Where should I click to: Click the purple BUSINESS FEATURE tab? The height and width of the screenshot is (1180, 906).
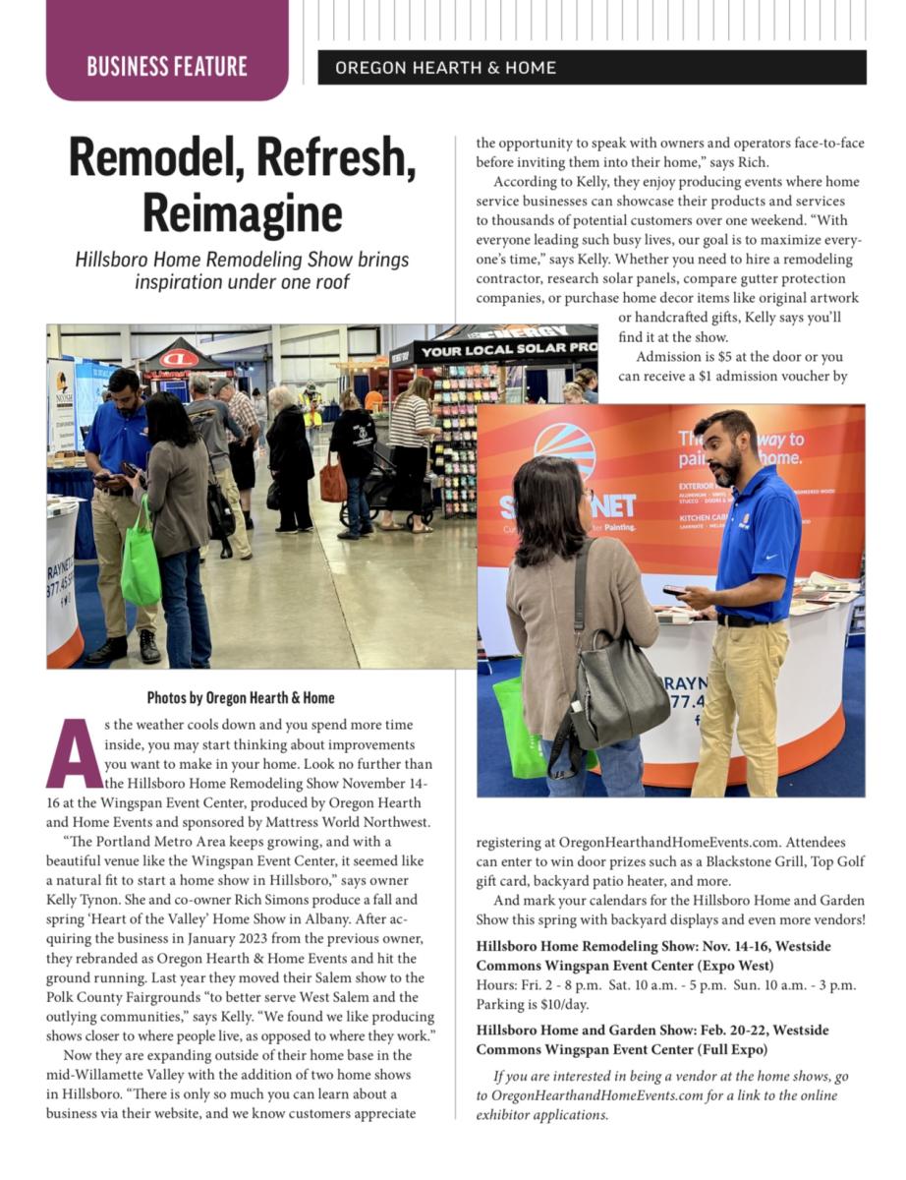tap(167, 66)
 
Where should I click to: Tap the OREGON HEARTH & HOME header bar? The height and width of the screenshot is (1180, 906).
tap(592, 68)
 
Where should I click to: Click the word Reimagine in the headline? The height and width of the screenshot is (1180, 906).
tap(242, 212)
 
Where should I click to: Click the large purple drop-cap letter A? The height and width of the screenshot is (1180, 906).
tap(74, 754)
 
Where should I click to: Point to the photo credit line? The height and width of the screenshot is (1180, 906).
tap(241, 698)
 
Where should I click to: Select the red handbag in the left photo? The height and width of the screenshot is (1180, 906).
tap(333, 482)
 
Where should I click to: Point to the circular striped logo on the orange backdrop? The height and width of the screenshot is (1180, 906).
tap(564, 450)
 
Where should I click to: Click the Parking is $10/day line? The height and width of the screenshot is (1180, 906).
tap(532, 1004)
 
